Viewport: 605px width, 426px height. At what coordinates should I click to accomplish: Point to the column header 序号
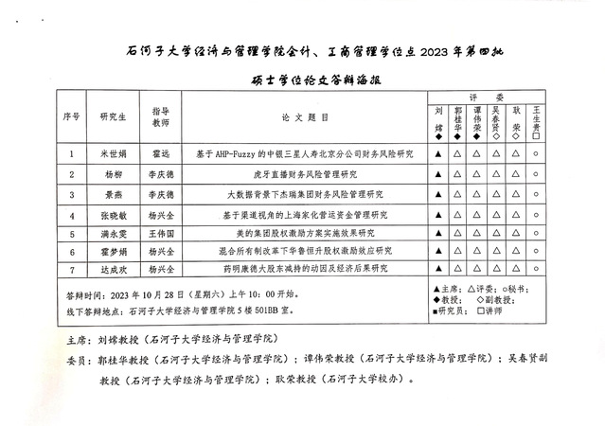tap(71, 117)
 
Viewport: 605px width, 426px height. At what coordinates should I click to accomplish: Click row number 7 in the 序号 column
tap(71, 269)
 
